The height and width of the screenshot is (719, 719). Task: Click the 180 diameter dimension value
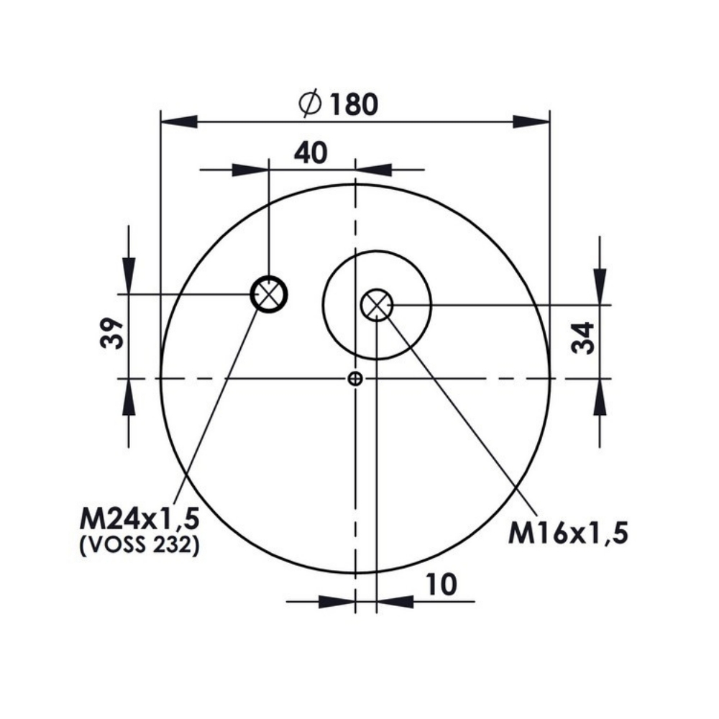point(354,104)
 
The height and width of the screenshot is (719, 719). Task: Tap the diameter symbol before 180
point(310,104)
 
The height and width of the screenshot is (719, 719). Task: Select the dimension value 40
point(311,152)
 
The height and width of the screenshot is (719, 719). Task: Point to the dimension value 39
point(112,332)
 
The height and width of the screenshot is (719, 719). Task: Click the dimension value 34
point(583,338)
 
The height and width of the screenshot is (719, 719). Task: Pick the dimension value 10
point(441,584)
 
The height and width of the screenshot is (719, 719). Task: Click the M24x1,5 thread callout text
point(140,520)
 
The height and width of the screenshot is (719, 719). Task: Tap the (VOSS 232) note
point(140,545)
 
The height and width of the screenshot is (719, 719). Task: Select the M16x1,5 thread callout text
point(568,533)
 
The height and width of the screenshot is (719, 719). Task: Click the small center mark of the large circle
point(355,379)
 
